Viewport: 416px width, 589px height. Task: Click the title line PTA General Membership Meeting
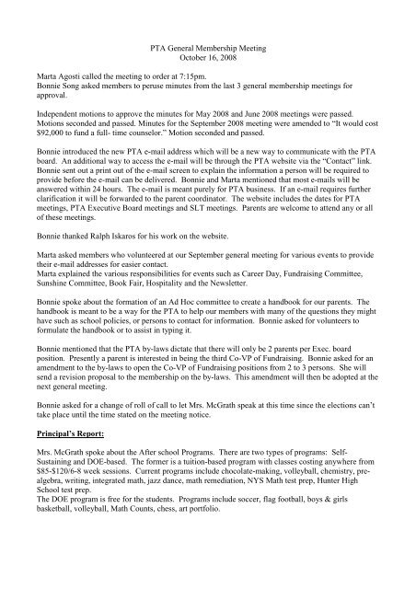click(x=207, y=56)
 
